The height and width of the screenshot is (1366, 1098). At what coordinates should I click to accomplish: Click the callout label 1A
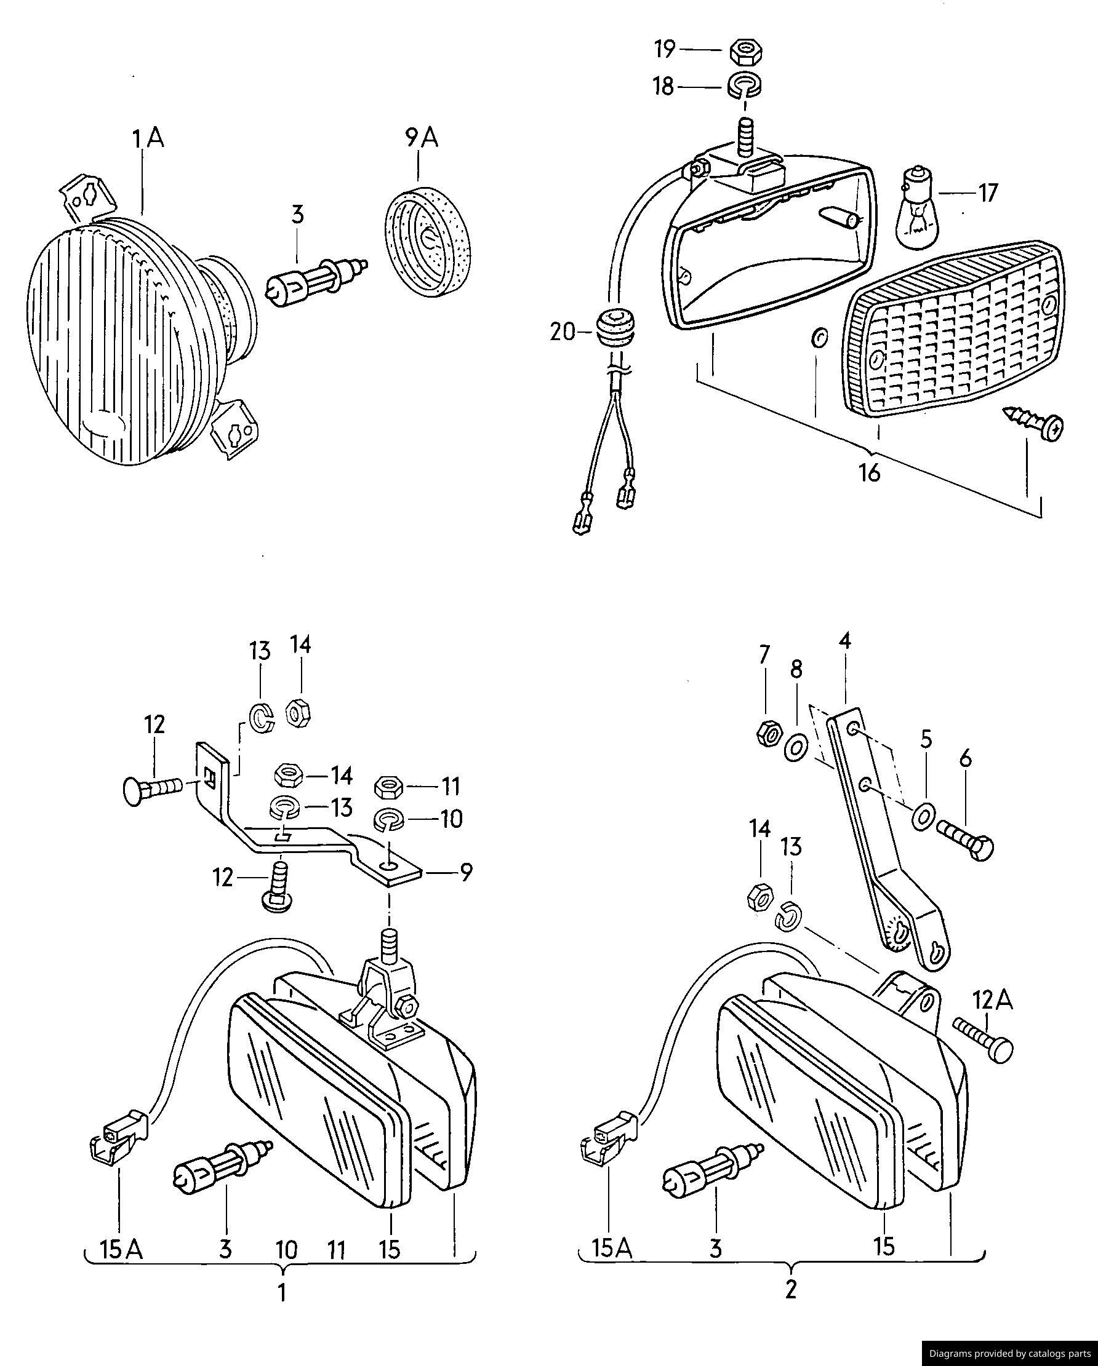pyautogui.click(x=148, y=138)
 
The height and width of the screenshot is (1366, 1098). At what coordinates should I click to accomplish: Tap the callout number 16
pyautogui.click(x=871, y=472)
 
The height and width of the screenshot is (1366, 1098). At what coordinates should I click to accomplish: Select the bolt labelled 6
pyautogui.click(x=965, y=841)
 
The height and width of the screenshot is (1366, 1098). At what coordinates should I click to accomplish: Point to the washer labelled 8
pyautogui.click(x=797, y=748)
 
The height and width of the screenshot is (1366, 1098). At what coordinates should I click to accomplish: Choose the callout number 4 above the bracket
pyautogui.click(x=844, y=642)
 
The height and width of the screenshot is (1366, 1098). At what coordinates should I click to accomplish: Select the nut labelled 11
pyautogui.click(x=387, y=787)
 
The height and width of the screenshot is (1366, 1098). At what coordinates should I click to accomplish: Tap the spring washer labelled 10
pyautogui.click(x=387, y=820)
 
